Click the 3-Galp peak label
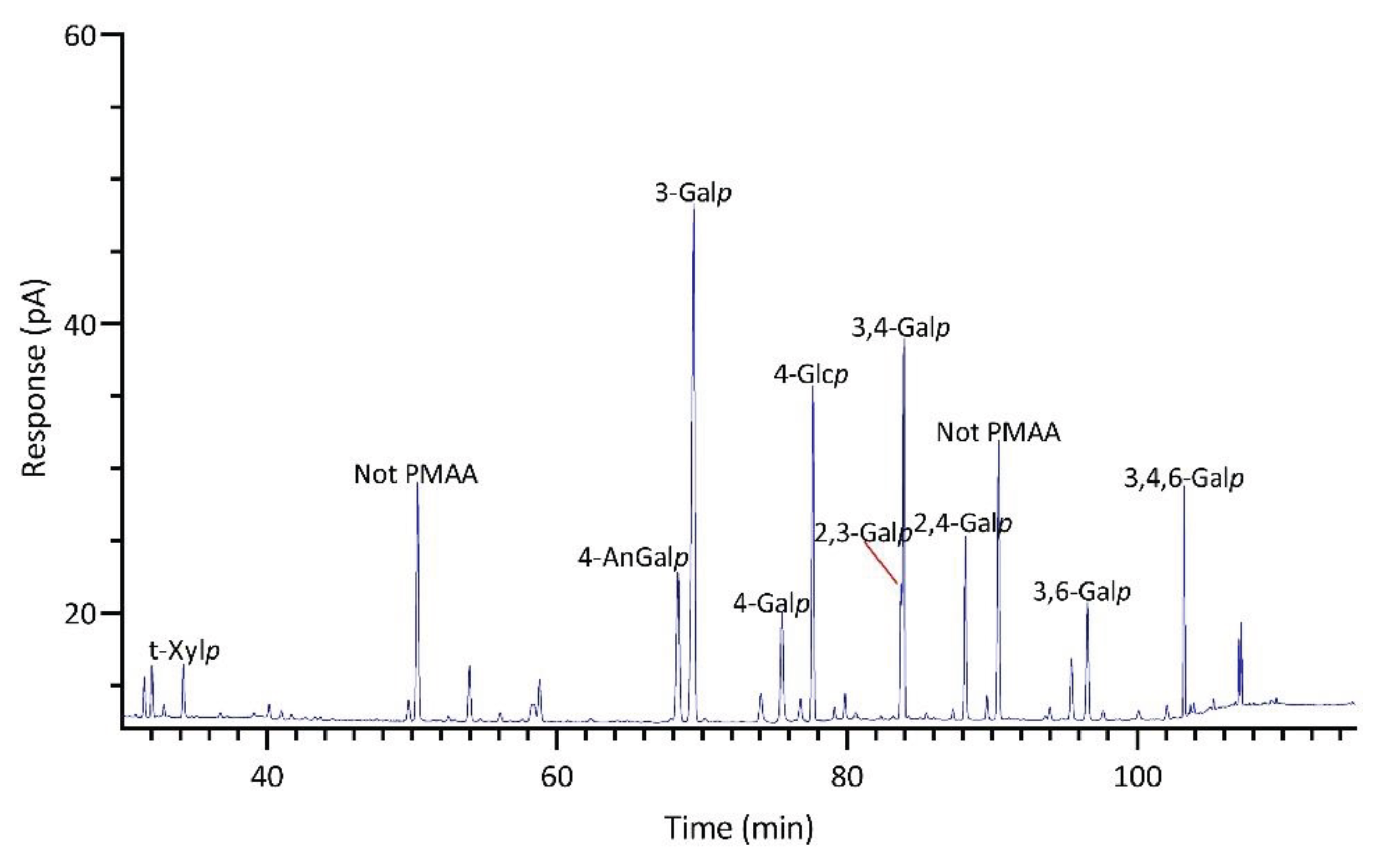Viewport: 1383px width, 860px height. pyautogui.click(x=693, y=193)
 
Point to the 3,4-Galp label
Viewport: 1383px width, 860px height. pyautogui.click(x=900, y=328)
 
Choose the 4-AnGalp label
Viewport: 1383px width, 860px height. pyautogui.click(x=633, y=559)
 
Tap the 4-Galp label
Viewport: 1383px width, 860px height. pyautogui.click(x=770, y=603)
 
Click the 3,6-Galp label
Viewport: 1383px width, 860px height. pyautogui.click(x=1082, y=593)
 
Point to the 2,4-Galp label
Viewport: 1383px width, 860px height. pyautogui.click(x=963, y=523)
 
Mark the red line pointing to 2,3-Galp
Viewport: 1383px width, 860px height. pyautogui.click(x=881, y=563)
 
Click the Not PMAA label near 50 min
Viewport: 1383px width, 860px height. pyautogui.click(x=416, y=474)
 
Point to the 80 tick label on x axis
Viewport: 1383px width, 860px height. pyautogui.click(x=847, y=777)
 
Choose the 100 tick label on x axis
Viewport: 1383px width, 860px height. pyautogui.click(x=1136, y=777)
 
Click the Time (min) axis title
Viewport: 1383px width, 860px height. pyautogui.click(x=739, y=829)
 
